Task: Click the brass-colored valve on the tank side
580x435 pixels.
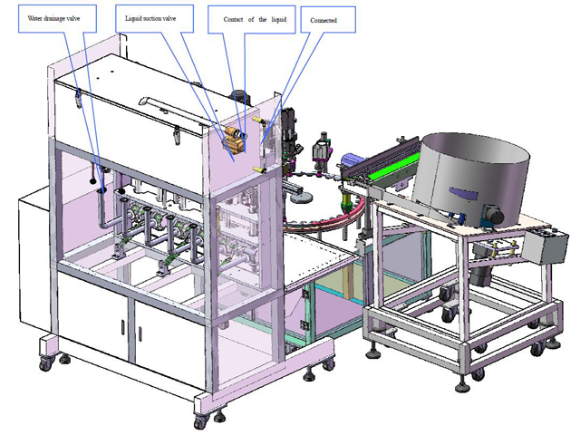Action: click(x=234, y=140)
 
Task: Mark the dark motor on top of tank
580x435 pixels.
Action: click(x=239, y=95)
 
